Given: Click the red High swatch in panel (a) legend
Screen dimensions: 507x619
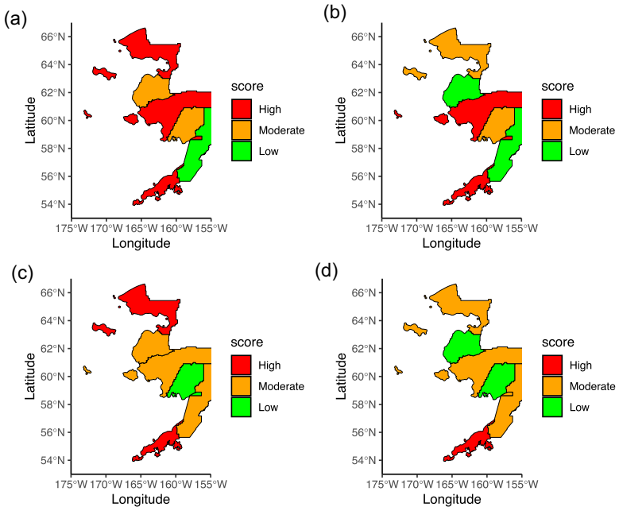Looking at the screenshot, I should point(242,109).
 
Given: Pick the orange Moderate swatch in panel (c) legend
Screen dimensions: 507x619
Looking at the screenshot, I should point(242,386).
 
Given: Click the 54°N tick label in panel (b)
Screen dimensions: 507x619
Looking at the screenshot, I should point(363,204).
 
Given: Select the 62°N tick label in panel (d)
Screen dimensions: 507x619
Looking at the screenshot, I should point(363,348).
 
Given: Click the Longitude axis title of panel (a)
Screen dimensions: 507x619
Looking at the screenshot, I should point(141,243).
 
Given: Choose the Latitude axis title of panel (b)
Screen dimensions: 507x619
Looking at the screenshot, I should point(339,121).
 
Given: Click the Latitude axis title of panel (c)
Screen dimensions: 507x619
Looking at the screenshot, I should point(29,377).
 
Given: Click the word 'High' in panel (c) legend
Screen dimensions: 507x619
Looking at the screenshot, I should point(269,366).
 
